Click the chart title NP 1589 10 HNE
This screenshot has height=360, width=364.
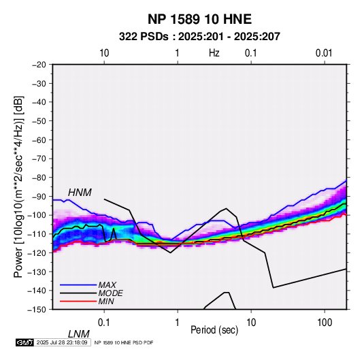(x=199, y=19)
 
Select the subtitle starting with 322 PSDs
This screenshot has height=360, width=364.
(x=199, y=37)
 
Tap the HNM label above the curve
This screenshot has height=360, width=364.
(x=80, y=193)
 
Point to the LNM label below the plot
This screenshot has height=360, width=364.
(x=79, y=334)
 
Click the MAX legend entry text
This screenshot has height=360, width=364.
(x=107, y=284)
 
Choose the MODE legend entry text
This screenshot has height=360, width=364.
(x=110, y=293)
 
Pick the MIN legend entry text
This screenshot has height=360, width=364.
(x=106, y=301)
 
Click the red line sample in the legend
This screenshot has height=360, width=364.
(x=78, y=301)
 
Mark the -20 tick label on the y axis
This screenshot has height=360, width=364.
(x=39, y=65)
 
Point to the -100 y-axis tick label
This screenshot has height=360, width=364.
(x=37, y=215)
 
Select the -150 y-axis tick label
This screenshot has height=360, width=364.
(x=37, y=310)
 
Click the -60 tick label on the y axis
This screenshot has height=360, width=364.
(x=39, y=140)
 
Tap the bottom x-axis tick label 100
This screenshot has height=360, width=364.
(x=325, y=323)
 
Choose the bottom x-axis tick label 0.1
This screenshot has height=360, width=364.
(x=104, y=323)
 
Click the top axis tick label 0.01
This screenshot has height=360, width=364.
(x=324, y=53)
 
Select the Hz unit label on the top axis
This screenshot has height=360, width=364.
(x=214, y=53)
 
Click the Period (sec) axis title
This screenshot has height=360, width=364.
(x=214, y=330)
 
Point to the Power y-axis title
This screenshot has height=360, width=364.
(x=18, y=186)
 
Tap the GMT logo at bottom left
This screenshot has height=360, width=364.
(x=25, y=342)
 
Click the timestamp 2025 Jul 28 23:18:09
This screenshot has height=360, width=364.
(x=62, y=342)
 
